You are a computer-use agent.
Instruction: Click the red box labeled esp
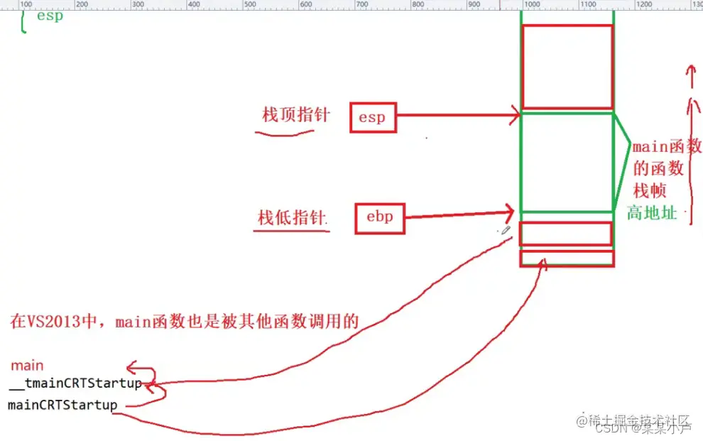[x=372, y=117]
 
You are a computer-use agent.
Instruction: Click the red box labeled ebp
[x=379, y=217]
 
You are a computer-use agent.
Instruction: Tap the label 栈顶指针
[x=296, y=114]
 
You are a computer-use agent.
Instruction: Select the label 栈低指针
[x=293, y=217]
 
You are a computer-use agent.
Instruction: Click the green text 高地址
[x=652, y=212]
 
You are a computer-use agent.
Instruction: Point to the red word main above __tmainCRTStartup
[x=27, y=366]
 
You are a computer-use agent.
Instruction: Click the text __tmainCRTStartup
[x=75, y=384]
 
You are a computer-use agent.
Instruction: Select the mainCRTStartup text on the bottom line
[x=62, y=405]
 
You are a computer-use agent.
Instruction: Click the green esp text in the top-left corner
[x=50, y=16]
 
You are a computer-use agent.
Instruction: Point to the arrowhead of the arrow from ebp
[x=509, y=210]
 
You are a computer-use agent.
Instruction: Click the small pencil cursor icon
[x=506, y=230]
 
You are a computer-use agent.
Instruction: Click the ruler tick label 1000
[x=531, y=4]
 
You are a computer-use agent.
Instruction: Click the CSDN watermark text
[x=609, y=429]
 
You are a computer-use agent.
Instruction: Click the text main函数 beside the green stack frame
[x=667, y=147]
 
